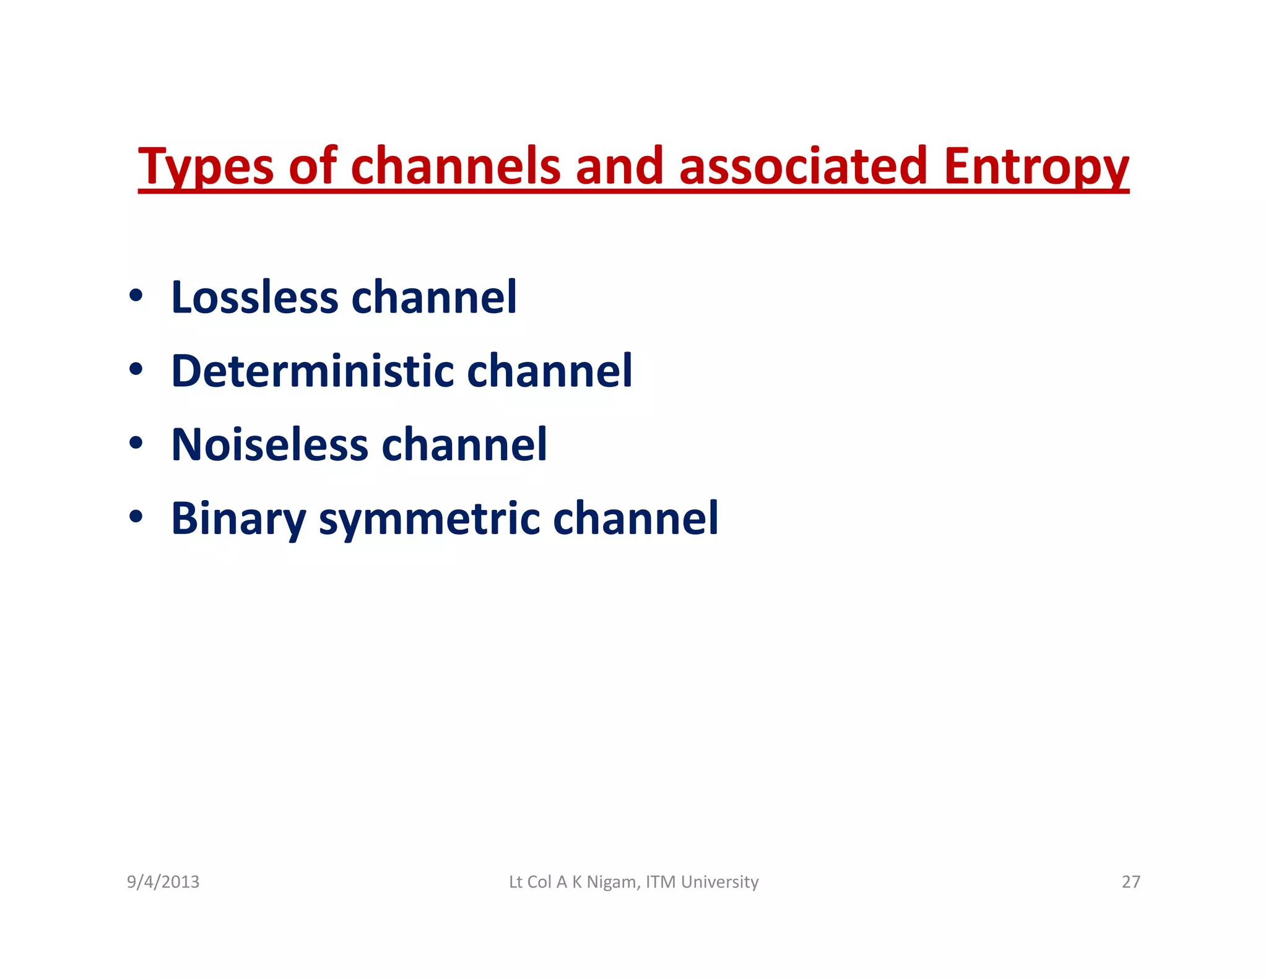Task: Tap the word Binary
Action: point(238,519)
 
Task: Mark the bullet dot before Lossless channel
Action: point(136,296)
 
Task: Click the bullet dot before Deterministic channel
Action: point(136,370)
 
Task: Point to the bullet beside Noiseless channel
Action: point(136,444)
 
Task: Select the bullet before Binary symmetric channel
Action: point(136,517)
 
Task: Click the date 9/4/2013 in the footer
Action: point(163,882)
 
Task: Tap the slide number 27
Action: point(1131,882)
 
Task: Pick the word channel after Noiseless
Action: point(464,444)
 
